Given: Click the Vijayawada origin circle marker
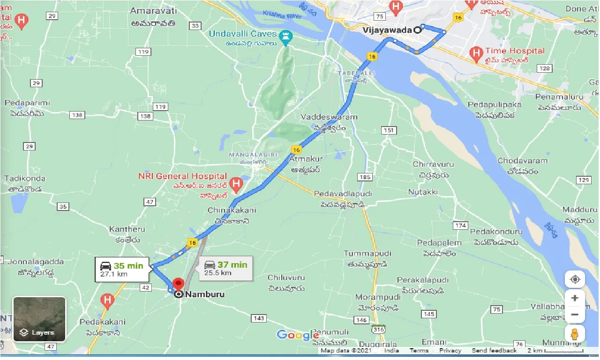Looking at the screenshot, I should coord(417,30).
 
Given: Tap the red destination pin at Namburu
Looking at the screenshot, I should coord(178,285).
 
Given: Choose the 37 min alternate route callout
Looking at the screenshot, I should coord(225,268).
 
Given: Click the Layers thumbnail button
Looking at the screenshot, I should coord(39,319).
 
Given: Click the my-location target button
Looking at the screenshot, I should coord(575,280).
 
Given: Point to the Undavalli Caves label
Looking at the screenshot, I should coord(243,34).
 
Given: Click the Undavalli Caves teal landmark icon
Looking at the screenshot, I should coord(285,36).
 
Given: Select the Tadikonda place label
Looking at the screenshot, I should coord(25,178).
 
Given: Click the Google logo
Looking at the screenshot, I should coord(297,335).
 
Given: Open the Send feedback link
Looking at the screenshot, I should coord(494,351).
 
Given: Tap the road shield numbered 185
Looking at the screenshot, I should coord(364,177).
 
